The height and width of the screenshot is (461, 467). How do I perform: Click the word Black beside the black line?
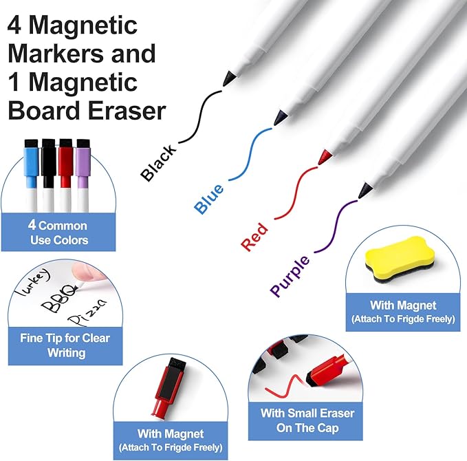click(x=158, y=162)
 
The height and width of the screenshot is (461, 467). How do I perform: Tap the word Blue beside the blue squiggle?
click(x=209, y=198)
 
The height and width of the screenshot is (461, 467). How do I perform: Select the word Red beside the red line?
click(x=254, y=237)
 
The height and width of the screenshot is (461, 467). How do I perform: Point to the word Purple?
click(x=290, y=276)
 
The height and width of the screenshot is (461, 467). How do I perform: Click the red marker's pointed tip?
click(x=319, y=162)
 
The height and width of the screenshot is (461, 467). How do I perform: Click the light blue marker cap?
click(x=31, y=163)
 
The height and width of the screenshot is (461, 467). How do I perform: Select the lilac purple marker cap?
click(x=83, y=163)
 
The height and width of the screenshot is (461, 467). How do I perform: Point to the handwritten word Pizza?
click(x=87, y=312)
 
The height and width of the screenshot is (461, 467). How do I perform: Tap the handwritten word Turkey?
click(x=33, y=281)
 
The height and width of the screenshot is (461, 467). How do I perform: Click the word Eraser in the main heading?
click(x=127, y=111)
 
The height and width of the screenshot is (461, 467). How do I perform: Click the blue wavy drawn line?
click(x=251, y=154)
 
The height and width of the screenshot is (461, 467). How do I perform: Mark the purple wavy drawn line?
click(x=336, y=226)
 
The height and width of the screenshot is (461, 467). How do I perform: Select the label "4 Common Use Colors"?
click(x=58, y=233)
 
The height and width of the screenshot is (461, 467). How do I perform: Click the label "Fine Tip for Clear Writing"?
click(x=65, y=345)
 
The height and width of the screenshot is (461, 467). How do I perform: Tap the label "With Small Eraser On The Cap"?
click(x=307, y=420)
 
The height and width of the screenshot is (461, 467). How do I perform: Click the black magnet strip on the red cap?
click(x=169, y=383)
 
